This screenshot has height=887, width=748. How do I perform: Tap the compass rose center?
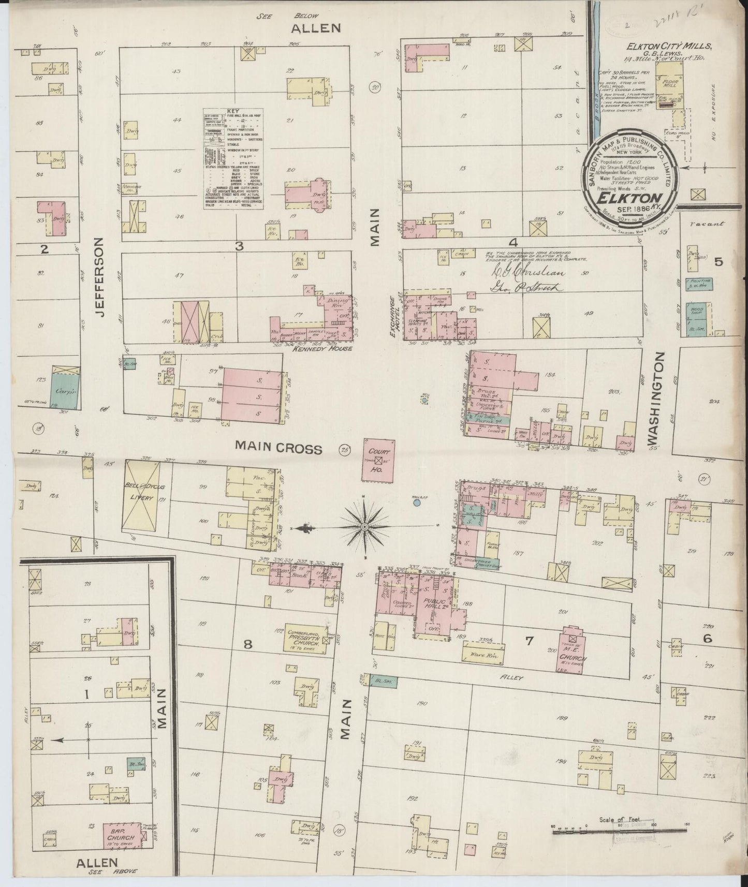pyautogui.click(x=365, y=527)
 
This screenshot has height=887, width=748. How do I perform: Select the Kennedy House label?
pyautogui.click(x=315, y=348)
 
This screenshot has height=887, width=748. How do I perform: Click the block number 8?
pyautogui.click(x=248, y=644)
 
